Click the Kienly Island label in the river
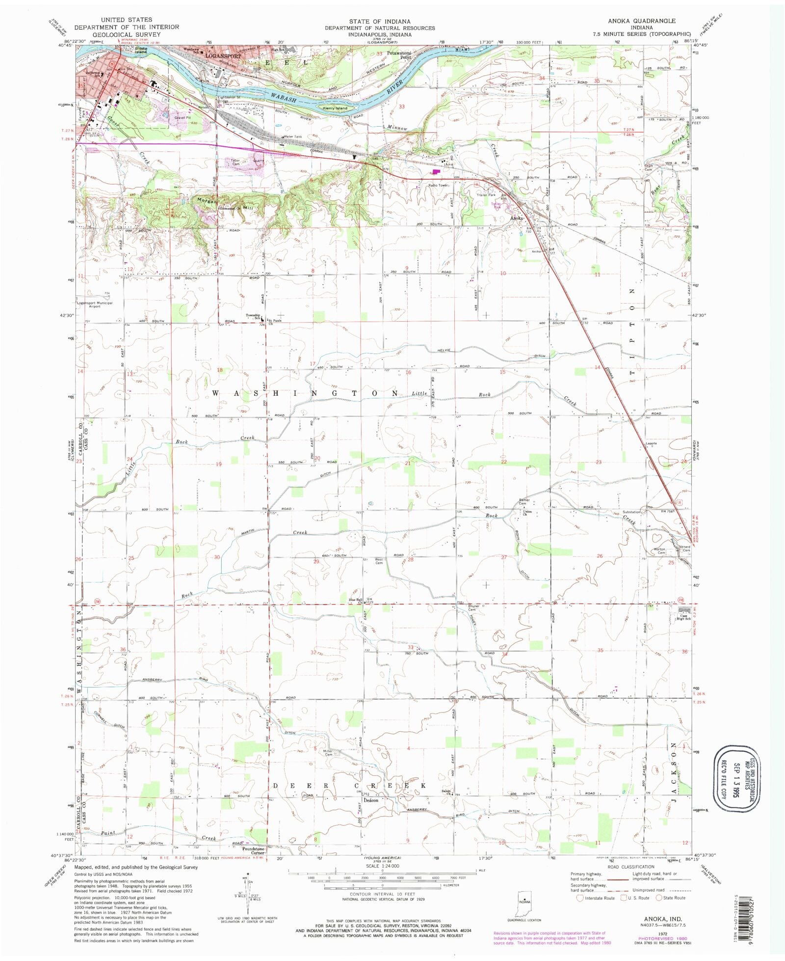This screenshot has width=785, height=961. [x=335, y=108]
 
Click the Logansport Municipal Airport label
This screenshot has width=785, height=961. [x=95, y=304]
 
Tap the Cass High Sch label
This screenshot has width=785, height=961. [x=684, y=617]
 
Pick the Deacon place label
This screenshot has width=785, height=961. [x=371, y=800]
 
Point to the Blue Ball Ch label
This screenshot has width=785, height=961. [x=356, y=601]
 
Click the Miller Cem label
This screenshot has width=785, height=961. [x=328, y=753]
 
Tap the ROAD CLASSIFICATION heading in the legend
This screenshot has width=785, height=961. [x=630, y=867]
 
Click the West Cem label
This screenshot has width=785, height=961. [x=379, y=561]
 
